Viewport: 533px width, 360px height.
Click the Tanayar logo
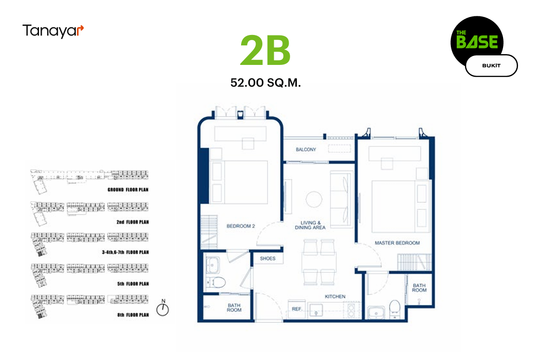53,31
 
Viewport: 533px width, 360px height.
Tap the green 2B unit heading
265,50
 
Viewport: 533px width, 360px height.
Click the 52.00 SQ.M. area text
266,83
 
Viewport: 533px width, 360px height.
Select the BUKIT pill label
491,66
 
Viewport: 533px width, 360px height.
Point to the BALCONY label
306,149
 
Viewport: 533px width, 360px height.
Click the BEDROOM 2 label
241,226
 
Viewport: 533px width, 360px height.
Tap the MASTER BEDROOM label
397,243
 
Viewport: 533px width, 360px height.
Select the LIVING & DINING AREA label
310,225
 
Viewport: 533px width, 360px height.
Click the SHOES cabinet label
267,259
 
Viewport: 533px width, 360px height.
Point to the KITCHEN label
335,297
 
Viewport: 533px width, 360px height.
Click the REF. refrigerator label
297,309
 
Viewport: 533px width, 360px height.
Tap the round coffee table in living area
314,200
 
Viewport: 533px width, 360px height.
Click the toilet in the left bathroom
216,282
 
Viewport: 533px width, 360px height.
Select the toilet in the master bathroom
395,308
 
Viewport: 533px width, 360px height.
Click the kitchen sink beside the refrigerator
316,311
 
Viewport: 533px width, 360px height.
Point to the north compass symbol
163,308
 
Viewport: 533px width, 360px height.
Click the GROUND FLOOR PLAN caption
128,190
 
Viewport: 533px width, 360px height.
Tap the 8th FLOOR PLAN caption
133,315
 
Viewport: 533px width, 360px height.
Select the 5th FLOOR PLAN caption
133,284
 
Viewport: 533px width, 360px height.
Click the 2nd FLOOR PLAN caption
133,222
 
